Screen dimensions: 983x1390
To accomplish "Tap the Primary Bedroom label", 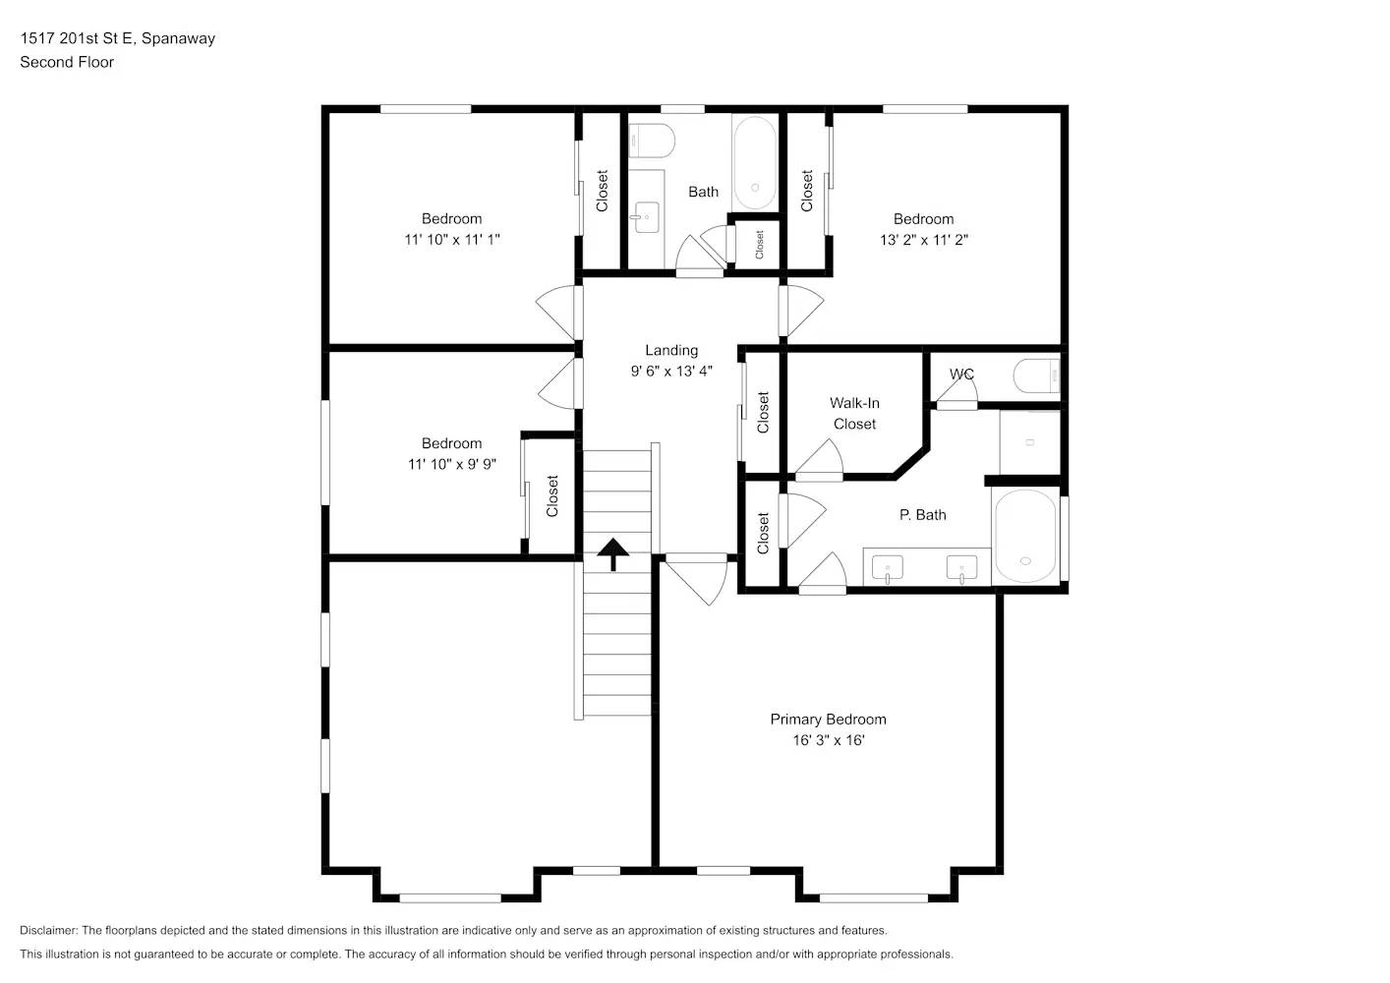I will coord(828,720).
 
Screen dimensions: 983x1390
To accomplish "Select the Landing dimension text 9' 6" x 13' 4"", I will coord(671,372).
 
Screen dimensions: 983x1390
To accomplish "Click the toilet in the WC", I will coord(1036,375).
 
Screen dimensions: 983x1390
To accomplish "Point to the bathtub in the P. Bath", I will coord(1025,537).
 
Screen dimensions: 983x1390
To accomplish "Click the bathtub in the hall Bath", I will coord(754,163).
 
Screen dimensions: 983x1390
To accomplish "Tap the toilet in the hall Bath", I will coord(651,142).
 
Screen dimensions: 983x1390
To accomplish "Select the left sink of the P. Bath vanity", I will coord(888,568).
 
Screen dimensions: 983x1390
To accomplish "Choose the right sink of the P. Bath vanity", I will coord(961,568).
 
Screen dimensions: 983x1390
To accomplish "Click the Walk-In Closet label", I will coord(854,414).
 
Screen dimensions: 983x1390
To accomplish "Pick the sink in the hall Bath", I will coord(647,215).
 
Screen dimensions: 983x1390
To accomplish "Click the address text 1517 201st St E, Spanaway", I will coord(117,38).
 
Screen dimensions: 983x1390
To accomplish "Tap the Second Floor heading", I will coord(67,62).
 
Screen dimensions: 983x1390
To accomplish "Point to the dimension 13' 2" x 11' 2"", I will coord(923,240).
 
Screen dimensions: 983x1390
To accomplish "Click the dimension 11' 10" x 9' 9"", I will coord(451,464).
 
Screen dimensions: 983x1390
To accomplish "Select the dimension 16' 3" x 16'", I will coord(828,740).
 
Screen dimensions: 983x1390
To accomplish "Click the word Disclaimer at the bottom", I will coord(48,930).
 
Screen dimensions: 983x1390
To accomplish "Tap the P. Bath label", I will coord(922,515).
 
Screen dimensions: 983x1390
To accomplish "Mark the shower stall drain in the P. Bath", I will coord(1029,442).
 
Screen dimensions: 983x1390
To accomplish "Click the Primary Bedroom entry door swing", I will coord(701,580).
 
